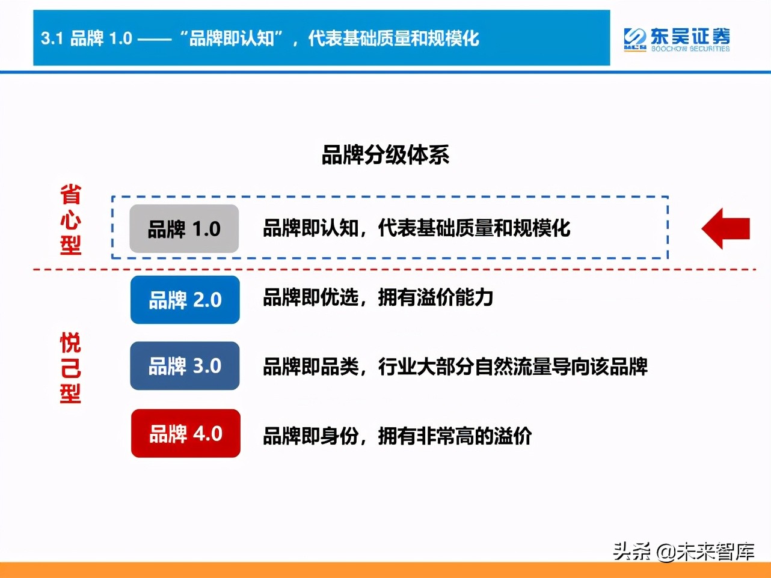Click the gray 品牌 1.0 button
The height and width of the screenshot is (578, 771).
point(184,229)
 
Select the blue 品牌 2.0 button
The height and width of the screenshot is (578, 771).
point(185,300)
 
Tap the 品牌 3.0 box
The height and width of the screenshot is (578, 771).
point(185,366)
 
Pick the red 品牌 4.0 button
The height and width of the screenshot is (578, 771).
point(186,433)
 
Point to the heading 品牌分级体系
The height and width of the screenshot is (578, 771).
point(385,155)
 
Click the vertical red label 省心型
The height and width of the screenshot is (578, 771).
point(70,220)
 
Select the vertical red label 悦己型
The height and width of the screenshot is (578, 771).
point(70,368)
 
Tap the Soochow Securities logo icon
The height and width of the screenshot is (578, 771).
point(634,39)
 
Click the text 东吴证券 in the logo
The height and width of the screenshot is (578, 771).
point(690,35)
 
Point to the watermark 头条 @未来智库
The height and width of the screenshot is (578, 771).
point(683,550)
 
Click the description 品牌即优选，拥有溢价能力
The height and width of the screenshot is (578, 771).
point(378,297)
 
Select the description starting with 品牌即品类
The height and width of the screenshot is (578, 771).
point(455,367)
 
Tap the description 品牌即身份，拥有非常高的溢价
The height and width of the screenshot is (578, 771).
point(397,436)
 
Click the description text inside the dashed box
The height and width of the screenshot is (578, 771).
point(416,228)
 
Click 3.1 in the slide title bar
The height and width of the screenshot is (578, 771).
point(52,38)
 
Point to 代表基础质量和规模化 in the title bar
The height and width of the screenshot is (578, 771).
point(393,38)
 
